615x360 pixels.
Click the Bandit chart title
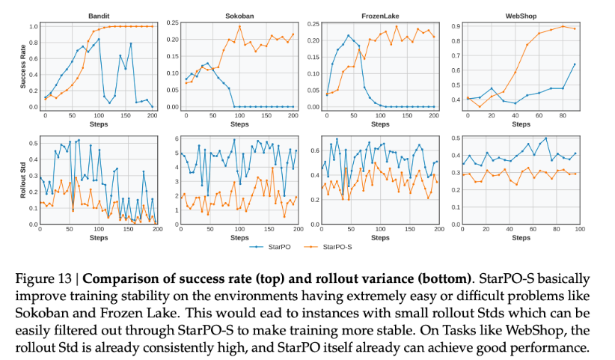click(x=98, y=14)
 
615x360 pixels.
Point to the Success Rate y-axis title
click(x=22, y=67)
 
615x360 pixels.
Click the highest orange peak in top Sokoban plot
click(x=239, y=26)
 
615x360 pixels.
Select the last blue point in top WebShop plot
click(x=574, y=64)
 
